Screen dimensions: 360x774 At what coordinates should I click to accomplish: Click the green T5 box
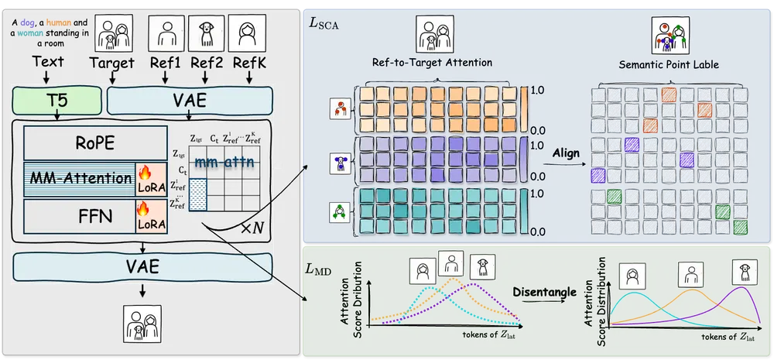[x=57, y=101]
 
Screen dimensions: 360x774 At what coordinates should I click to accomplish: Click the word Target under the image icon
[x=111, y=63]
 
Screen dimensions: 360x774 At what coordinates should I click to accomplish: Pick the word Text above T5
[x=49, y=63]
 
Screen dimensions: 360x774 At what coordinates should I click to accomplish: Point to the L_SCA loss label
[x=324, y=24]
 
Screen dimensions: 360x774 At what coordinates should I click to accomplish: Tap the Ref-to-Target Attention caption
[x=437, y=63]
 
